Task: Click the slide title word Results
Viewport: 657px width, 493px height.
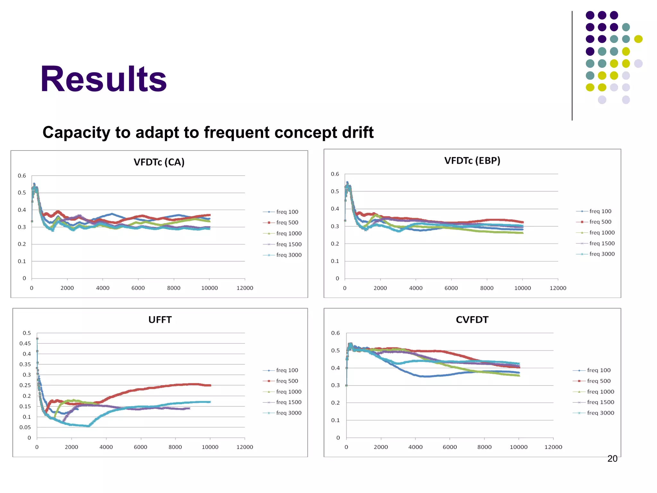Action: point(103,79)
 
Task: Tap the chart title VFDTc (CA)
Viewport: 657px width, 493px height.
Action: point(159,162)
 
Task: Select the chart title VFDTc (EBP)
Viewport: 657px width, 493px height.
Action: point(472,160)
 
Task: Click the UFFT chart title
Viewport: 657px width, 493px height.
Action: point(160,320)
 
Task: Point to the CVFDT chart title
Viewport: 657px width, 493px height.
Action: point(472,320)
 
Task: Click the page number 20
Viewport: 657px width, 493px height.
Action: point(612,459)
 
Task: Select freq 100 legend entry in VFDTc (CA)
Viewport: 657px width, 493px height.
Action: point(287,212)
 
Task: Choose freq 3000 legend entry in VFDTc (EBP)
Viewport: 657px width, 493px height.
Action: point(602,254)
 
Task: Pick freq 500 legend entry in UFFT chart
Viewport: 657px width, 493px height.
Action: point(287,381)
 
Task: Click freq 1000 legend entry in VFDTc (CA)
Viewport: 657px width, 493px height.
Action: point(289,233)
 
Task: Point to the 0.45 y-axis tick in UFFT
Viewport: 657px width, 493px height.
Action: point(25,343)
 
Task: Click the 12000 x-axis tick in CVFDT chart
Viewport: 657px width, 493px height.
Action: point(553,447)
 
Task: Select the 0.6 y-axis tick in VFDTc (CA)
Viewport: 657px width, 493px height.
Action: point(22,176)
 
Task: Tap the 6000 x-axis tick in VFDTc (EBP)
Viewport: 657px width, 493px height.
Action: point(451,288)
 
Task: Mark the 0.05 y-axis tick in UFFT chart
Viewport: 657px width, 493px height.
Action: point(25,427)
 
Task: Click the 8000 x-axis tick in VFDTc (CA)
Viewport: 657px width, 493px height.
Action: point(174,288)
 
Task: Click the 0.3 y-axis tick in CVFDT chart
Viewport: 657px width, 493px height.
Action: point(335,385)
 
